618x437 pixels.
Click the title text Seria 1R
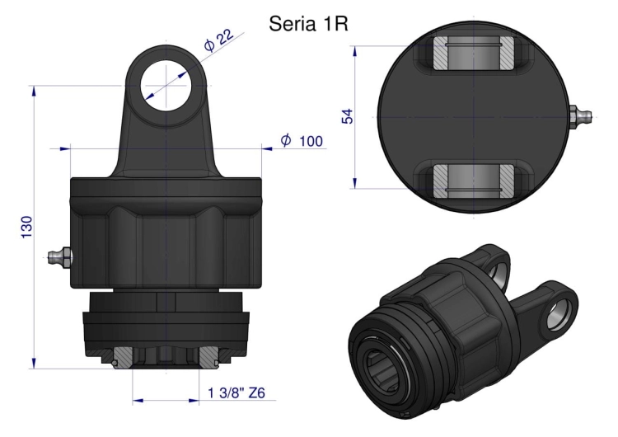click(309, 23)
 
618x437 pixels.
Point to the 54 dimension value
click(347, 115)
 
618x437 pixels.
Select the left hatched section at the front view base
click(121, 355)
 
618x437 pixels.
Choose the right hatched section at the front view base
click(208, 355)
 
